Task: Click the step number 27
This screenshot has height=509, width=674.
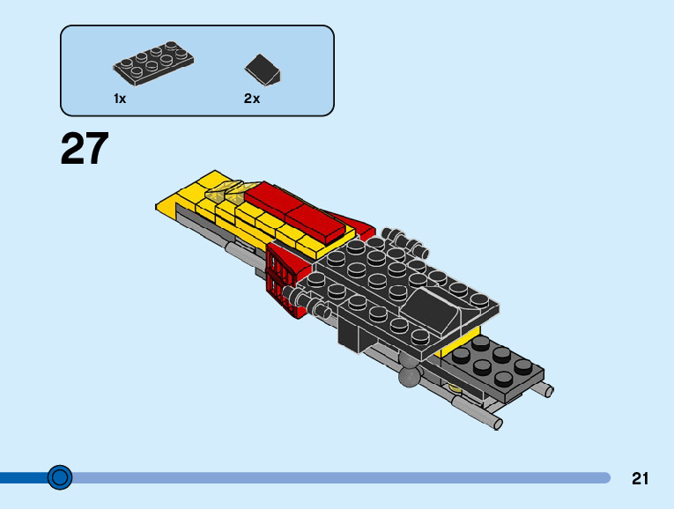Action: [85, 149]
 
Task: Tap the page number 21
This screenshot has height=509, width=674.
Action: [640, 478]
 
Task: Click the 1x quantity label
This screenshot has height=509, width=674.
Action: [120, 99]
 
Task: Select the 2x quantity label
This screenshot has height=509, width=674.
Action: [252, 99]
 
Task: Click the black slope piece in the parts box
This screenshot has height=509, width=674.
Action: [263, 68]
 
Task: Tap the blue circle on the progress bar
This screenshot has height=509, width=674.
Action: [59, 477]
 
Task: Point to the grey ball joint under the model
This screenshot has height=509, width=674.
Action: [409, 377]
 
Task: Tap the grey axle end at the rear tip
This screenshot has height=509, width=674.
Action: [498, 424]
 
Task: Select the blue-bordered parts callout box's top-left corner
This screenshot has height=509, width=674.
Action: [63, 27]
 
